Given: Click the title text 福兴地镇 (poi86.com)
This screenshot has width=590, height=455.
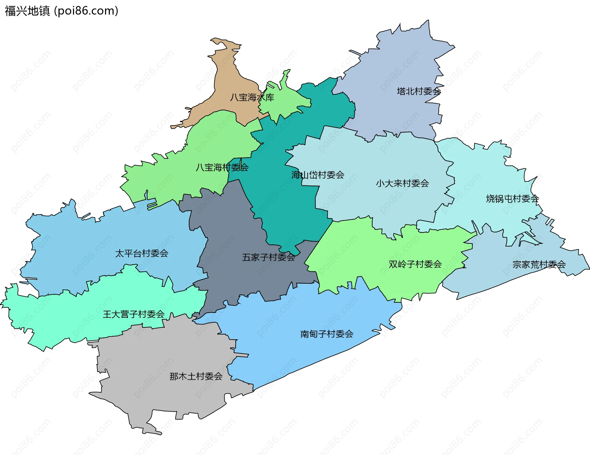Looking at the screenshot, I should pyautogui.click(x=61, y=11).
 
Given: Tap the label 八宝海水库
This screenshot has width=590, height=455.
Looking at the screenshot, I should pyautogui.click(x=252, y=98).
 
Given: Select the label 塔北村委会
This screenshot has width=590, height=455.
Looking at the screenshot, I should pyautogui.click(x=419, y=91).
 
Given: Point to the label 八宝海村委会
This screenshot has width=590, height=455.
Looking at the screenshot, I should pyautogui.click(x=222, y=167).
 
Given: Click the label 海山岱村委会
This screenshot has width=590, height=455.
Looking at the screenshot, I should pyautogui.click(x=318, y=175).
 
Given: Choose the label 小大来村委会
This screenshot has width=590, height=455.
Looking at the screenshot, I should pyautogui.click(x=402, y=184).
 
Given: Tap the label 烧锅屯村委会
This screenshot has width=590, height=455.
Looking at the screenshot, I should pyautogui.click(x=512, y=199).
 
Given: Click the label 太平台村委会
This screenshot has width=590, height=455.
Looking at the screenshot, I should pyautogui.click(x=142, y=254).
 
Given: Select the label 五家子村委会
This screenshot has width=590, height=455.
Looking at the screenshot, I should pyautogui.click(x=269, y=257).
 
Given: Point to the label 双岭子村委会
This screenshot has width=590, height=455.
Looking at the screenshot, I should pyautogui.click(x=415, y=264).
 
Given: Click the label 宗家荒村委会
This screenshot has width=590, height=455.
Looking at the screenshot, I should pyautogui.click(x=539, y=265).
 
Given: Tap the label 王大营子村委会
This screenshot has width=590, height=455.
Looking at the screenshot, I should pyautogui.click(x=134, y=314).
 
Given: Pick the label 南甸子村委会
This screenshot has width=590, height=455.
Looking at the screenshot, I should pyautogui.click(x=327, y=334).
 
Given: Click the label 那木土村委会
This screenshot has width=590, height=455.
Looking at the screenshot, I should pyautogui.click(x=196, y=376).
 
